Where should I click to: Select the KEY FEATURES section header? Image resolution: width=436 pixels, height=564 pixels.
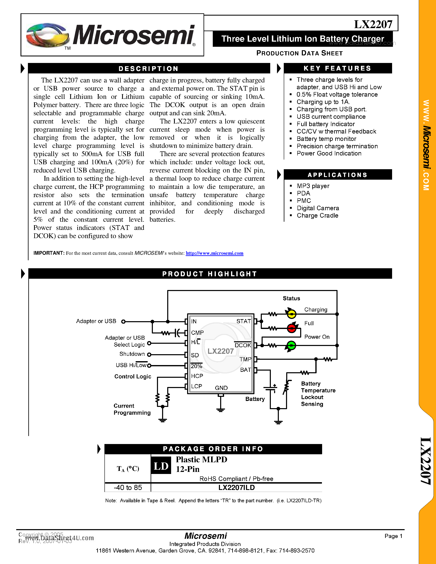point(337,69)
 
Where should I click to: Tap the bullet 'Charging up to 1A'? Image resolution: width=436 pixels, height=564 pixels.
point(323,102)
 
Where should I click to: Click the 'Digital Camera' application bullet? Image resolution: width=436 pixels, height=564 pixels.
point(318,208)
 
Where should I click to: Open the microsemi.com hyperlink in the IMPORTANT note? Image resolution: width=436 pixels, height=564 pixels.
point(214,253)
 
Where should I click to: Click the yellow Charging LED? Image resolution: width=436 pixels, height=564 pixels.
point(292,314)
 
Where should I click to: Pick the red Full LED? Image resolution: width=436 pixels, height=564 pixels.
point(292,329)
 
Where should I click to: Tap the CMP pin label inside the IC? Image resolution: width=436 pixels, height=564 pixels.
point(197,333)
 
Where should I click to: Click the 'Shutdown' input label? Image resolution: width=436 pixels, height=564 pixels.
point(132,354)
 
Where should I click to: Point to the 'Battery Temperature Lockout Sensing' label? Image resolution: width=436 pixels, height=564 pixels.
point(318,394)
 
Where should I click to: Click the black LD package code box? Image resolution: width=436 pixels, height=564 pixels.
point(161,466)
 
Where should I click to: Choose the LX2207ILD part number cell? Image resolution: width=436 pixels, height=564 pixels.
point(236,488)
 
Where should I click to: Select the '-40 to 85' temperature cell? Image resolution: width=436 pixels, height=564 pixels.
point(128,488)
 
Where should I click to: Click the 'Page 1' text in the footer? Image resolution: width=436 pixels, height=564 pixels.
point(393,536)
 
